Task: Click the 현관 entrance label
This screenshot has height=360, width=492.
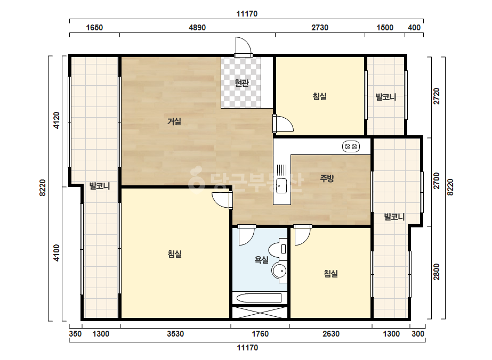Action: pos(241,83)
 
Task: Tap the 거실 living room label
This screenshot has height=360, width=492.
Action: pos(174,121)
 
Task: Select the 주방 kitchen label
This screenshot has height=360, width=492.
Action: pos(327,178)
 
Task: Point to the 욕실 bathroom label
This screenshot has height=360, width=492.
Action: pos(261,260)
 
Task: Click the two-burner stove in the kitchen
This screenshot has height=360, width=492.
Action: pos(351,146)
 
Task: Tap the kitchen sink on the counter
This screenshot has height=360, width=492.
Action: pos(281,186)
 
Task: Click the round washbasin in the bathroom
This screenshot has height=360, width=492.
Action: pos(279,271)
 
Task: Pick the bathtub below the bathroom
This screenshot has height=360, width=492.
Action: pos(259,298)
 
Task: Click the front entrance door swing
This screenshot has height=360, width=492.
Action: pos(244,47)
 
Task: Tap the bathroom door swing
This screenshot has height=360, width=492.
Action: pos(246,235)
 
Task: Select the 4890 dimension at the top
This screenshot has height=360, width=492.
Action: pos(197,28)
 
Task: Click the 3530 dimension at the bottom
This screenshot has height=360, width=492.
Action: pos(175,334)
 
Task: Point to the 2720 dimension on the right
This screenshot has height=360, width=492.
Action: pos(437,96)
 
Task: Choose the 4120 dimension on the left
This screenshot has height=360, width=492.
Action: pos(57,120)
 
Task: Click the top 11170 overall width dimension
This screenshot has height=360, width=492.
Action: pos(247,14)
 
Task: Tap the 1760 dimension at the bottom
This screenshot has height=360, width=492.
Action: pos(260,334)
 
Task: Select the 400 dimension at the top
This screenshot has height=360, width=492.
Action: pos(414,28)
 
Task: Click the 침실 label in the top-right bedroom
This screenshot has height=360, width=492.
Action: pos(320,96)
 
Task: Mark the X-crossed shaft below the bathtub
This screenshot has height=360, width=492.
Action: pos(260,312)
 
